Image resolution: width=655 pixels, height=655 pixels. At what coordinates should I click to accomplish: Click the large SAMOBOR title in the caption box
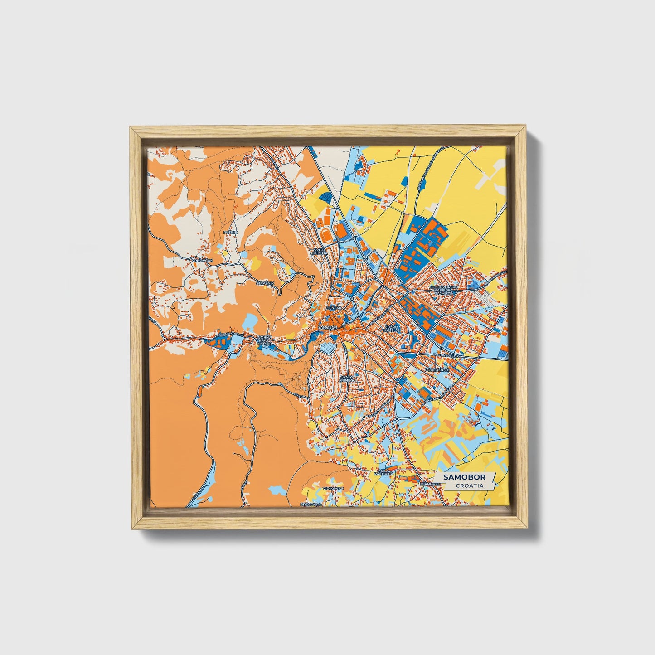pyautogui.click(x=464, y=477)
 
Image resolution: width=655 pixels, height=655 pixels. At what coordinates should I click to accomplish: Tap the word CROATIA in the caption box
pyautogui.click(x=469, y=485)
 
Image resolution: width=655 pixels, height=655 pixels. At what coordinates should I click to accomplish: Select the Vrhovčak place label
pyautogui.click(x=202, y=260)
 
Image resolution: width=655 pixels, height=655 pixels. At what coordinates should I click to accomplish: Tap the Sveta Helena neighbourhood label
pyautogui.click(x=320, y=251)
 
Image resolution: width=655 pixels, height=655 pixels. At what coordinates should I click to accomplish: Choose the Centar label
pyautogui.click(x=334, y=308)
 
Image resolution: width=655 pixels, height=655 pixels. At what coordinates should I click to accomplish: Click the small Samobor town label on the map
pyautogui.click(x=328, y=327)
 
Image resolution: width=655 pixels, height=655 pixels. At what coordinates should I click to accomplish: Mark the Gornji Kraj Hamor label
pyautogui.click(x=265, y=341)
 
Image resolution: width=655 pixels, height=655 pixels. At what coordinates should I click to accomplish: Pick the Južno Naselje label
pyautogui.click(x=392, y=328)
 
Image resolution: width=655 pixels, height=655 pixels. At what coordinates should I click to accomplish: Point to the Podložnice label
pyautogui.click(x=437, y=370)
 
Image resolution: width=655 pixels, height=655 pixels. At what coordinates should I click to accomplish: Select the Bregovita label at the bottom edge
pyautogui.click(x=311, y=504)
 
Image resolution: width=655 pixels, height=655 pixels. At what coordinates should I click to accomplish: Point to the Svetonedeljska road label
pyautogui.click(x=447, y=356)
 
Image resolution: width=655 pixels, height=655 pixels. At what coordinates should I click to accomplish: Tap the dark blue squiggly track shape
pyautogui.click(x=326, y=196)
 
